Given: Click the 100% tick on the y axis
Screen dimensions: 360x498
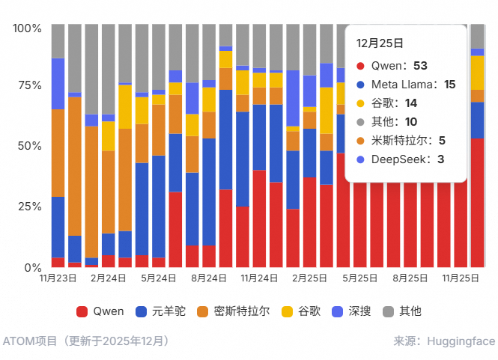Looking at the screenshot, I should click(28, 28).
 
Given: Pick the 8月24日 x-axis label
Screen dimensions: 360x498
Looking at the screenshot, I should click(209, 278).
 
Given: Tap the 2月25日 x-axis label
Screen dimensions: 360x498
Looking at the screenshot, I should click(309, 278).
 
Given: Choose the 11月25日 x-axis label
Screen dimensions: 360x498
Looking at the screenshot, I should click(461, 278).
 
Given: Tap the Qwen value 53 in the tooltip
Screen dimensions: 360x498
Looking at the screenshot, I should click(430, 66).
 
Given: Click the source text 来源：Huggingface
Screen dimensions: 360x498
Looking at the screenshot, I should click(444, 341).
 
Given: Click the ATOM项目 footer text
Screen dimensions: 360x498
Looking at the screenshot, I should click(30, 341).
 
